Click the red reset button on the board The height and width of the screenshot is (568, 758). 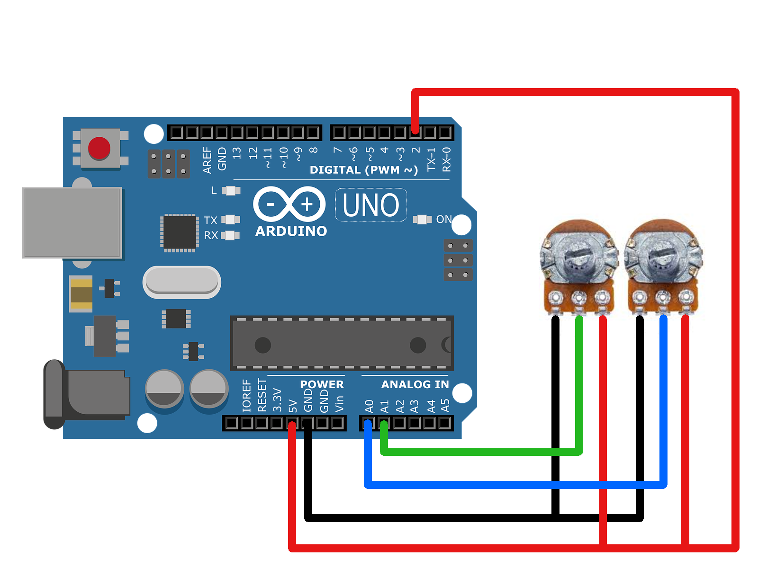click(99, 148)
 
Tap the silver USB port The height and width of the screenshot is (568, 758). click(72, 222)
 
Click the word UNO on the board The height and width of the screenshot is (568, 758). click(371, 205)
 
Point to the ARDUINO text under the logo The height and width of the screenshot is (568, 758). click(291, 231)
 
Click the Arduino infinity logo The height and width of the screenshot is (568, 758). click(289, 204)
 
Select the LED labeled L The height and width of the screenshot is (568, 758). click(231, 191)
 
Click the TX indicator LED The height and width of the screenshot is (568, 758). click(231, 220)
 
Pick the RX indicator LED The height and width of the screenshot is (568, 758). click(231, 235)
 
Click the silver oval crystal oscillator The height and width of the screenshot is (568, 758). click(182, 282)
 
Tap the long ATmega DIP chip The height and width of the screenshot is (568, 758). click(342, 343)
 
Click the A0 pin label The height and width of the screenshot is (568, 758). click(370, 406)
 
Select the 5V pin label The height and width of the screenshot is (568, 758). click(293, 406)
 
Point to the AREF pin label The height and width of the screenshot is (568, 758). click(207, 160)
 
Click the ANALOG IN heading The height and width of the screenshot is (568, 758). click(415, 384)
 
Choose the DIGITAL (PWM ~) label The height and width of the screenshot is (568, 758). click(363, 170)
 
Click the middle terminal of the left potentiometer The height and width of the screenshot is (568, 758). click(578, 298)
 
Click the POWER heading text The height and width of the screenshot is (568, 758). click(322, 384)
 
